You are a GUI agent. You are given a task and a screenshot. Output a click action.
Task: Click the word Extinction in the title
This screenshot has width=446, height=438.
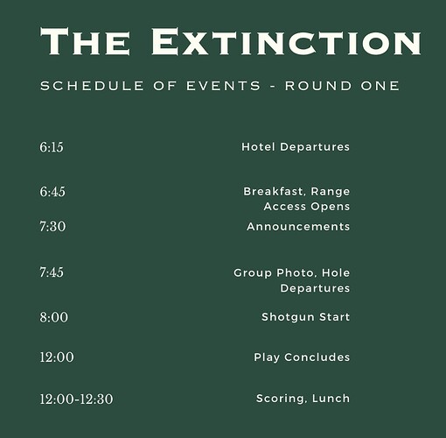[x=287, y=41]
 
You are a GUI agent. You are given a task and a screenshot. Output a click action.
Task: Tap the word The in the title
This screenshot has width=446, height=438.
[x=85, y=41]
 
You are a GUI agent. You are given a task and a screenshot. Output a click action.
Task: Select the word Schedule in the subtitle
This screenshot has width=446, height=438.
[x=92, y=86]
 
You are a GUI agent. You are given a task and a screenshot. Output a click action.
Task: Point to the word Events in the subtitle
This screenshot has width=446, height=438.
[x=223, y=86]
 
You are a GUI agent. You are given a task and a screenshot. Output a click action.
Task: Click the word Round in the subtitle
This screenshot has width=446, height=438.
[x=318, y=86]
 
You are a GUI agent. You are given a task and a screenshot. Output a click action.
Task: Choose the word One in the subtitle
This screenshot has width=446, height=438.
[x=380, y=86]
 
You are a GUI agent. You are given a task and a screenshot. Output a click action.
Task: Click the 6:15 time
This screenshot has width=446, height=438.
[x=52, y=147]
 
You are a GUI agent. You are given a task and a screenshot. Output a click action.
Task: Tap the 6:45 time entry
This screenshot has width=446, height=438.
[x=52, y=192]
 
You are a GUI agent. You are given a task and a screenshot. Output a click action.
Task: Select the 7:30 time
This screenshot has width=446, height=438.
[x=52, y=227]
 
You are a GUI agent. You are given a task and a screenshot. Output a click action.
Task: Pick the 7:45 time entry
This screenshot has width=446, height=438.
[x=52, y=272]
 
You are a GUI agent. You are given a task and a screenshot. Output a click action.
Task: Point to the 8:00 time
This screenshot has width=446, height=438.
[x=54, y=317]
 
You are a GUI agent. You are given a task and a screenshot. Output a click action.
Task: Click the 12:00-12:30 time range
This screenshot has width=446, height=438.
[x=76, y=399]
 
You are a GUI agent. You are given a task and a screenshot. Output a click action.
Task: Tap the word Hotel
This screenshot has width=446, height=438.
[x=258, y=146]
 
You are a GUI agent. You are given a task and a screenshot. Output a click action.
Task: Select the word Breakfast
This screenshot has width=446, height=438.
[x=275, y=192]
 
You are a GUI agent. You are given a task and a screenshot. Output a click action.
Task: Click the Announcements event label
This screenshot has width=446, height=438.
[x=298, y=227]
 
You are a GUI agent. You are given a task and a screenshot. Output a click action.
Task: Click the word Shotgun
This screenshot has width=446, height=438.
[x=288, y=317]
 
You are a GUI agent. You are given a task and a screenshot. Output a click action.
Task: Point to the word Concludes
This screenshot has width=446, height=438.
[x=317, y=357]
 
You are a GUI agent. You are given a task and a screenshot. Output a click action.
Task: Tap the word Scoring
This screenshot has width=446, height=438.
[x=282, y=399]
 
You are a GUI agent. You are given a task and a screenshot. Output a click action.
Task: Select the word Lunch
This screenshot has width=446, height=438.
[x=331, y=399]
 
